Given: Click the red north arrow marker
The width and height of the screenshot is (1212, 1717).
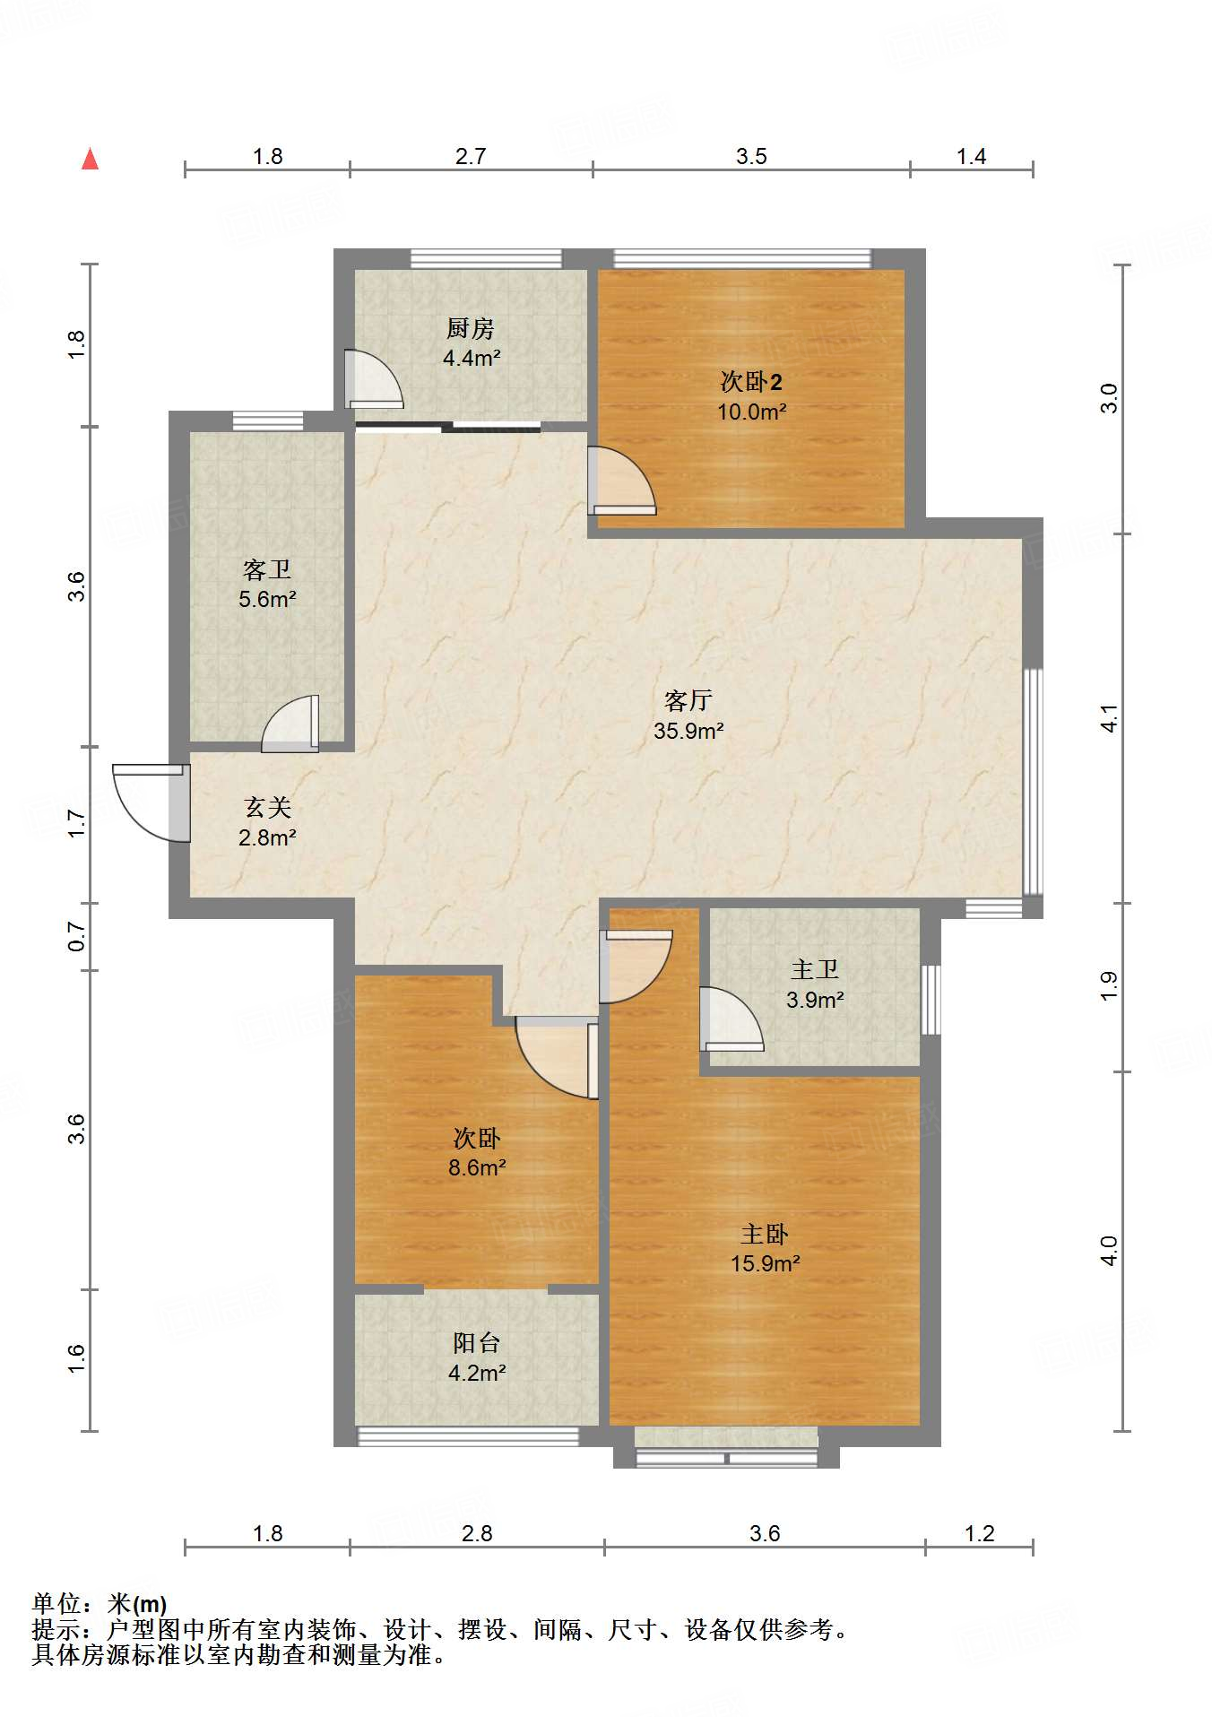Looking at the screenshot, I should pyautogui.click(x=90, y=160).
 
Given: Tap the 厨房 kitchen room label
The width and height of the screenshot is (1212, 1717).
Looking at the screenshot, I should pyautogui.click(x=471, y=328).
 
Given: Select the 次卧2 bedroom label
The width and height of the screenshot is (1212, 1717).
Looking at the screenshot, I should pyautogui.click(x=751, y=382).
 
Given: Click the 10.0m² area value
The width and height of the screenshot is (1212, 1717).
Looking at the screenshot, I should pyautogui.click(x=751, y=412).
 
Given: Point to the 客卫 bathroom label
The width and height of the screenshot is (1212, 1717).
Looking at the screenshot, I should pyautogui.click(x=267, y=569).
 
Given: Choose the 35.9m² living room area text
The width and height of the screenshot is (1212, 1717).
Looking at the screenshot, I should pyautogui.click(x=688, y=731).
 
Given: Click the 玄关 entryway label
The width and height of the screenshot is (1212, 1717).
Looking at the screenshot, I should pyautogui.click(x=267, y=807).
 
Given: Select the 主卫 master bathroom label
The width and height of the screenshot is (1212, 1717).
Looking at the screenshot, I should pyautogui.click(x=814, y=969).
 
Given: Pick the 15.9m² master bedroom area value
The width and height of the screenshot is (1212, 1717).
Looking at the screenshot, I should pyautogui.click(x=765, y=1263).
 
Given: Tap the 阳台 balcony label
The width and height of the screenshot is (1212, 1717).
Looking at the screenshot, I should pyautogui.click(x=476, y=1342).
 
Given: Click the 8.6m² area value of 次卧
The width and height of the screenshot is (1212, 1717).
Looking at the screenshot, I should pyautogui.click(x=477, y=1167).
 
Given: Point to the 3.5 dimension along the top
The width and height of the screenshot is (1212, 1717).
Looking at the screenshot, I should pyautogui.click(x=751, y=156).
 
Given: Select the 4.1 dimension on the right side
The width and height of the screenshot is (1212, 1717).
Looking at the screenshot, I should pyautogui.click(x=1110, y=718).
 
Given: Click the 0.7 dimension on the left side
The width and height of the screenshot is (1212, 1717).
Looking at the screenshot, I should pyautogui.click(x=76, y=937).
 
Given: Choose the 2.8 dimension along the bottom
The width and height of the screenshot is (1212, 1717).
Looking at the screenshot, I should pyautogui.click(x=477, y=1533).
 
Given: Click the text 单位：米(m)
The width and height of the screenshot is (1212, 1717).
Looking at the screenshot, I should pyautogui.click(x=100, y=1603).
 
